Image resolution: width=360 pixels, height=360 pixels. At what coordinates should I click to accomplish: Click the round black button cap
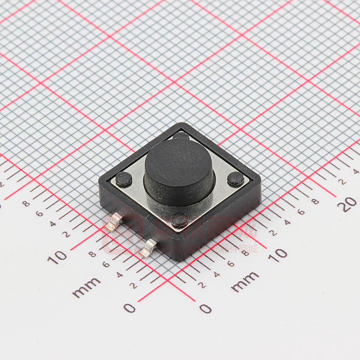pyautogui.click(x=179, y=167)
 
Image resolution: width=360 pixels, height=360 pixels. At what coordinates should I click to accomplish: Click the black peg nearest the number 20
pyautogui.click(x=235, y=179)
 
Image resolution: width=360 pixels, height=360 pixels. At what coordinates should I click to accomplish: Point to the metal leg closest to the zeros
pyautogui.click(x=148, y=248)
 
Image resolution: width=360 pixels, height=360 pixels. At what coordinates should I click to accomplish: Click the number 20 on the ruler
pyautogui.click(x=349, y=204)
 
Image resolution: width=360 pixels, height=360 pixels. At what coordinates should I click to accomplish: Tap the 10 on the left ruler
pyautogui.click(x=57, y=257)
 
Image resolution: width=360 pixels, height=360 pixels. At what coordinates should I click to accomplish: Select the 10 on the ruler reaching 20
pyautogui.click(x=278, y=255)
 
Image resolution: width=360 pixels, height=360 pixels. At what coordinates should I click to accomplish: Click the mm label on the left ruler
pyautogui.click(x=86, y=287)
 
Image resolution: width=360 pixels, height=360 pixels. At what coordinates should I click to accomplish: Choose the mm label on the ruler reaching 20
pyautogui.click(x=245, y=281)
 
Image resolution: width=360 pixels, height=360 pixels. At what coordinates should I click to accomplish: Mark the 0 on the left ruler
pyautogui.click(x=130, y=308)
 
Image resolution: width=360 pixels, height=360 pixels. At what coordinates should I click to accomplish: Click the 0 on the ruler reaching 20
pyautogui.click(x=205, y=309)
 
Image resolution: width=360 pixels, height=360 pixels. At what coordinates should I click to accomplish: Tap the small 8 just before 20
pyautogui.click(x=315, y=201)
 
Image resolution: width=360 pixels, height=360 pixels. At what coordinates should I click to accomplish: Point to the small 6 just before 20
pyautogui.click(x=301, y=212)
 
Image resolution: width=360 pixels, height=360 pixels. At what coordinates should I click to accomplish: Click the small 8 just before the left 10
pyautogui.click(x=92, y=255)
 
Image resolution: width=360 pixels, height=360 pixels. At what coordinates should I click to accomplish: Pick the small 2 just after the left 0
pyautogui.click(x=133, y=285)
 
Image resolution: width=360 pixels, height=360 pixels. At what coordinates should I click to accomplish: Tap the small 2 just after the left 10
pyautogui.click(x=66, y=234)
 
